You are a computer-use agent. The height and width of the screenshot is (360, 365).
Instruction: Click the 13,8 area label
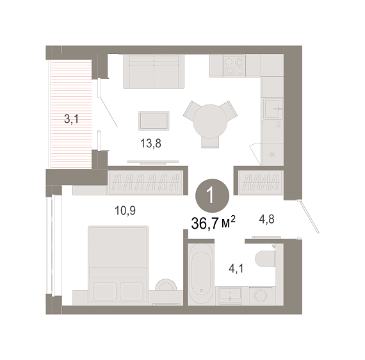pyautogui.click(x=150, y=143)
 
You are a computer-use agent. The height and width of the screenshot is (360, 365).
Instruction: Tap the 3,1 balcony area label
pyautogui.click(x=72, y=119)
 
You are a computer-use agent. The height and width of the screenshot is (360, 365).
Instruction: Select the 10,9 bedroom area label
pyautogui.click(x=125, y=211)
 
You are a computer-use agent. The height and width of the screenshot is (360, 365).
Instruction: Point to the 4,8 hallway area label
pyautogui.click(x=266, y=219)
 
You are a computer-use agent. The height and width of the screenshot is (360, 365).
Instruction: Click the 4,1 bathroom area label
pyautogui.click(x=236, y=269)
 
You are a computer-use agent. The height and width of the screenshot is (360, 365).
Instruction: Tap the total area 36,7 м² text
pyautogui.click(x=213, y=223)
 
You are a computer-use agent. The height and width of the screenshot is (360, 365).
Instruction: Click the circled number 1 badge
pyautogui.click(x=212, y=195)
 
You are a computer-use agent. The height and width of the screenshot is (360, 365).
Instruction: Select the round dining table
pyautogui.click(x=210, y=121)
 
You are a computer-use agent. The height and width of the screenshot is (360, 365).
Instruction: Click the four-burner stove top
pyautogui.click(x=234, y=66)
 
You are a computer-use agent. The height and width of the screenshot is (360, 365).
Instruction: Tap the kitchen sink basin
pyautogui.click(x=272, y=108)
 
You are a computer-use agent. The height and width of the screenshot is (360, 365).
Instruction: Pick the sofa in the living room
pyautogui.click(x=154, y=72)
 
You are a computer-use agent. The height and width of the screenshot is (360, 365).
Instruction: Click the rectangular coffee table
pyautogui.click(x=154, y=120)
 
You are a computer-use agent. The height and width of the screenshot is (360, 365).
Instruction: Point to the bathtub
pyautogui.click(x=201, y=274)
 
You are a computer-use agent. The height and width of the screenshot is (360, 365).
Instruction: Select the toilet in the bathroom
pyautogui.click(x=265, y=258)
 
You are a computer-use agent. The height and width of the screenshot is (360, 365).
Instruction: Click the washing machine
pyautogui.click(x=261, y=295)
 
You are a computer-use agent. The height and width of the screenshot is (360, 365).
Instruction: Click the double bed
pyautogui.click(x=118, y=265)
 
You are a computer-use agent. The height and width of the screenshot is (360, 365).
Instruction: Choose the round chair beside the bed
pyautogui.click(x=166, y=285)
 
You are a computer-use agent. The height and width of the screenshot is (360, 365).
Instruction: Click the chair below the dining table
pyautogui.click(x=210, y=142)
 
